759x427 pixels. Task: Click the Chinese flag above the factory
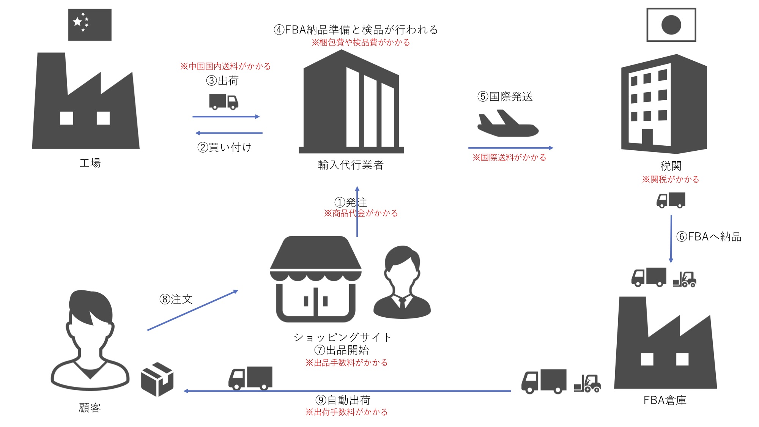coord(90,25)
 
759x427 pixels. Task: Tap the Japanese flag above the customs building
coord(671,25)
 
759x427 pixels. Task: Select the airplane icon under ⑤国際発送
coord(507,124)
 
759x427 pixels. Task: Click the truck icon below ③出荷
coord(224,101)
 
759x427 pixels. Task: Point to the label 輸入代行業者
coord(351,165)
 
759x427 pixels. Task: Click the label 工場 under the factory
coord(90,163)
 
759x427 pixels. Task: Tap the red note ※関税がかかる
coord(671,180)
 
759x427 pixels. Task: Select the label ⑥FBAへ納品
coord(709,237)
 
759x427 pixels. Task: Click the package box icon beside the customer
coord(157,379)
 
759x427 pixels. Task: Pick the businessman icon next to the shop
coord(402,283)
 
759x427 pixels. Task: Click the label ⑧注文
coord(176,299)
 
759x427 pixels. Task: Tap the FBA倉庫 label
coord(665,400)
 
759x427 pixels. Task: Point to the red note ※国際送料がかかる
coord(509,158)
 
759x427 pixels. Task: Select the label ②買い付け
coord(225,147)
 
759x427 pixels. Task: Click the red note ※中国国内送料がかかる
coord(225,66)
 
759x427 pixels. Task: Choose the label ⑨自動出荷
coord(343,400)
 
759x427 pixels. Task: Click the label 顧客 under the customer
coord(90,408)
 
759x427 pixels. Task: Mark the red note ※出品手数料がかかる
coord(346,363)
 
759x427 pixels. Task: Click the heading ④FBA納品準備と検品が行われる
coord(356,30)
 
